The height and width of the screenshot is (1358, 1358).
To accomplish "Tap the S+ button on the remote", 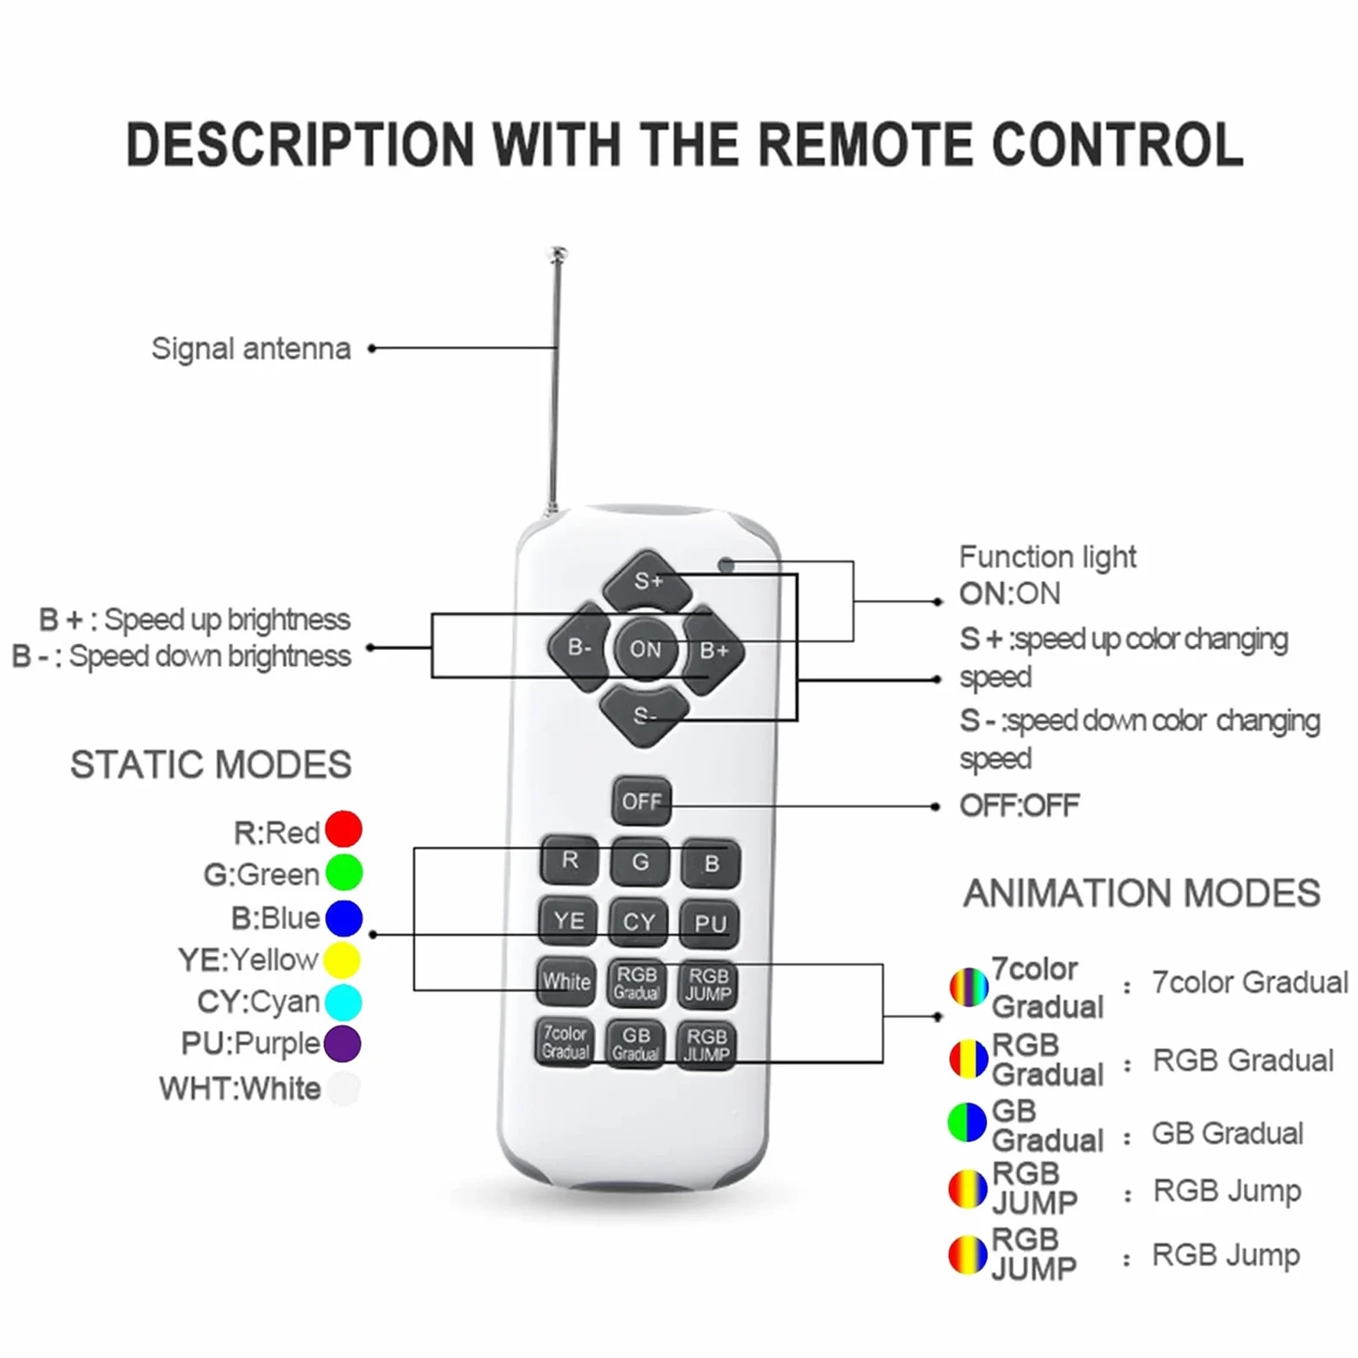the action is (x=647, y=580).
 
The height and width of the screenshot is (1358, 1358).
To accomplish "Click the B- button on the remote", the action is (x=578, y=647).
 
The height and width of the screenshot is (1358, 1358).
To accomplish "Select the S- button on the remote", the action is (x=645, y=715).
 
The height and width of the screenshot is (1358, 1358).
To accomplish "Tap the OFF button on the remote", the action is (x=641, y=802).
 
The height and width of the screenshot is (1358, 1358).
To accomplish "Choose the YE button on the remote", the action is (x=569, y=921).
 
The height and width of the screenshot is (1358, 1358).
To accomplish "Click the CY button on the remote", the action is (x=640, y=922).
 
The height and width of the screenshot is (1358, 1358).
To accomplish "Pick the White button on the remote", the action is (x=566, y=982).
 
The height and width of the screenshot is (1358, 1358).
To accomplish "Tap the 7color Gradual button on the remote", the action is (x=565, y=1042).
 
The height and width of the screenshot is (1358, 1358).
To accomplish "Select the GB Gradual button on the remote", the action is (x=636, y=1044).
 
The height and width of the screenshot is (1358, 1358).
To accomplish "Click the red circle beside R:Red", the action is (x=344, y=830).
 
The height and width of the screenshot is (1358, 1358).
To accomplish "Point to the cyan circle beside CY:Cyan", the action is (x=343, y=1001).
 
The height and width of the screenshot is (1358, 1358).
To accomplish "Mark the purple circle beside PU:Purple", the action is (x=342, y=1043).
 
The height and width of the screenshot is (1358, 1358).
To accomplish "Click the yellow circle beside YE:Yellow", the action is (x=342, y=960).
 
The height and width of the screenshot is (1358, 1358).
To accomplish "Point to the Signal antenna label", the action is (x=251, y=349).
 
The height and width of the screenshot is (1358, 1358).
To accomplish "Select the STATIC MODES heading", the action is (x=211, y=765).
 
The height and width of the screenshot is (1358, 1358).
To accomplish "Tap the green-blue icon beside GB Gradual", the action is (x=967, y=1122).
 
